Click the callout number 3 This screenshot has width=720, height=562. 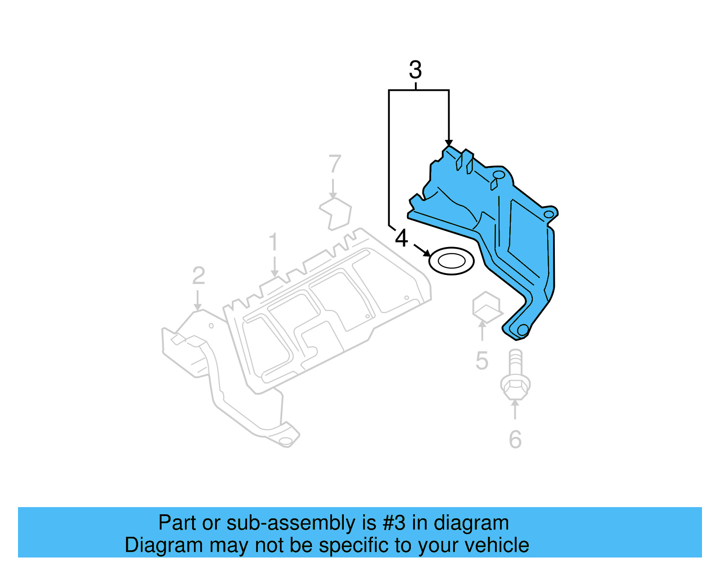pyautogui.click(x=415, y=70)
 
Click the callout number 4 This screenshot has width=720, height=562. pyautogui.click(x=401, y=238)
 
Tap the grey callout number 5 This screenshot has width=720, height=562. pyautogui.click(x=481, y=361)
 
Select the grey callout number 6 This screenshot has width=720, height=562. pyautogui.click(x=515, y=440)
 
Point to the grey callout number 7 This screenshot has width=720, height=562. pyautogui.click(x=335, y=164)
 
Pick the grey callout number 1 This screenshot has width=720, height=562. pyautogui.click(x=273, y=242)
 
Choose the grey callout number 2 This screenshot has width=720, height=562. pyautogui.click(x=198, y=276)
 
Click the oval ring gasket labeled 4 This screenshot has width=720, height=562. pyautogui.click(x=451, y=261)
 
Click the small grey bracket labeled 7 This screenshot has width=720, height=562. pyautogui.click(x=336, y=213)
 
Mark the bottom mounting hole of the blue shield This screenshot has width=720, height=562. pyautogui.click(x=522, y=330)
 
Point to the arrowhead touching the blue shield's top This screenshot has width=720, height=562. pyautogui.click(x=449, y=143)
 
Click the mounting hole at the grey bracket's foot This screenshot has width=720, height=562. pyautogui.click(x=285, y=441)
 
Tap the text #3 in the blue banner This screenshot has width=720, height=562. pyautogui.click(x=394, y=523)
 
